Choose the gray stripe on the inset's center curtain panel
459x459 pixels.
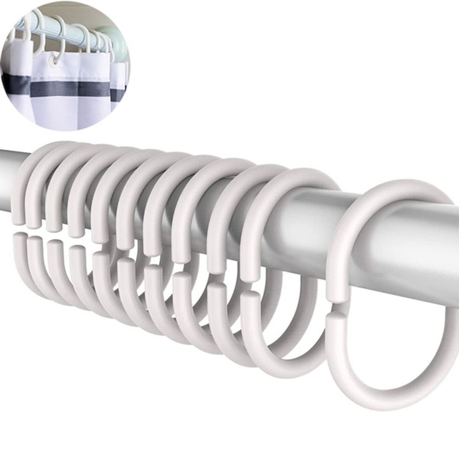click(x=69, y=88)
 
